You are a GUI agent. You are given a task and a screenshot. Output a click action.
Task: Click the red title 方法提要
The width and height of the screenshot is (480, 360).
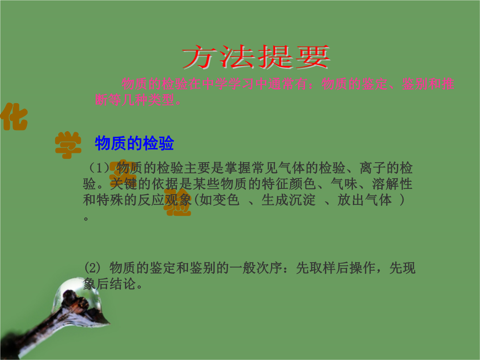click(x=256, y=56)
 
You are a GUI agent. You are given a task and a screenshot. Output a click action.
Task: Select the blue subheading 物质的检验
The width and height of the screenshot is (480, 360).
click(x=134, y=143)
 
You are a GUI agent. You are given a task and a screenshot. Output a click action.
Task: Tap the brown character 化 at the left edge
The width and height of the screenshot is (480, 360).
click(x=14, y=117)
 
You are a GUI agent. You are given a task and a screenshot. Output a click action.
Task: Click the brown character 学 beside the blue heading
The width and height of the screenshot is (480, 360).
click(x=68, y=145)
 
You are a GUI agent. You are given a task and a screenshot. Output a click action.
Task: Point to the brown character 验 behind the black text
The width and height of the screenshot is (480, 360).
click(x=178, y=202)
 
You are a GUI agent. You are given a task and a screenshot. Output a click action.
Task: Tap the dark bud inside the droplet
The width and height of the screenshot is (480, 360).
click(x=76, y=301)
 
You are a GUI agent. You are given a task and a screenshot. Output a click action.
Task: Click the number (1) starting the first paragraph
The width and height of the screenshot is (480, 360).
click(x=99, y=168)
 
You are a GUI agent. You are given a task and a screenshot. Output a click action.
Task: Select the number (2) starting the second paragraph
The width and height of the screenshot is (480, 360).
click(x=92, y=268)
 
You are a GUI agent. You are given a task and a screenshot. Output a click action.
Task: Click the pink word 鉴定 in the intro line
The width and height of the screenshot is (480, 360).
click(x=375, y=84)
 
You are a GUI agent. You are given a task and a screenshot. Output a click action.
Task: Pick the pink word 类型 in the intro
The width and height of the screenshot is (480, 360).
click(x=161, y=100)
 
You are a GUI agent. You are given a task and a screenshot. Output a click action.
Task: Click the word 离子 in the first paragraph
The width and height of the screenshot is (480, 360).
click(x=372, y=168)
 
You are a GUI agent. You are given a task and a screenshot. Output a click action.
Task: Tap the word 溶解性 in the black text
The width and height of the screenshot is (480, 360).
click(x=392, y=184)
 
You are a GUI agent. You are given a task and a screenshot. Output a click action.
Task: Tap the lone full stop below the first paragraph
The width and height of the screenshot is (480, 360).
click(x=86, y=219)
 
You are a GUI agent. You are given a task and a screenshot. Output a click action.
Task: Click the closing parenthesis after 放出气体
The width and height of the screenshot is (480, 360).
click(x=402, y=200)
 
